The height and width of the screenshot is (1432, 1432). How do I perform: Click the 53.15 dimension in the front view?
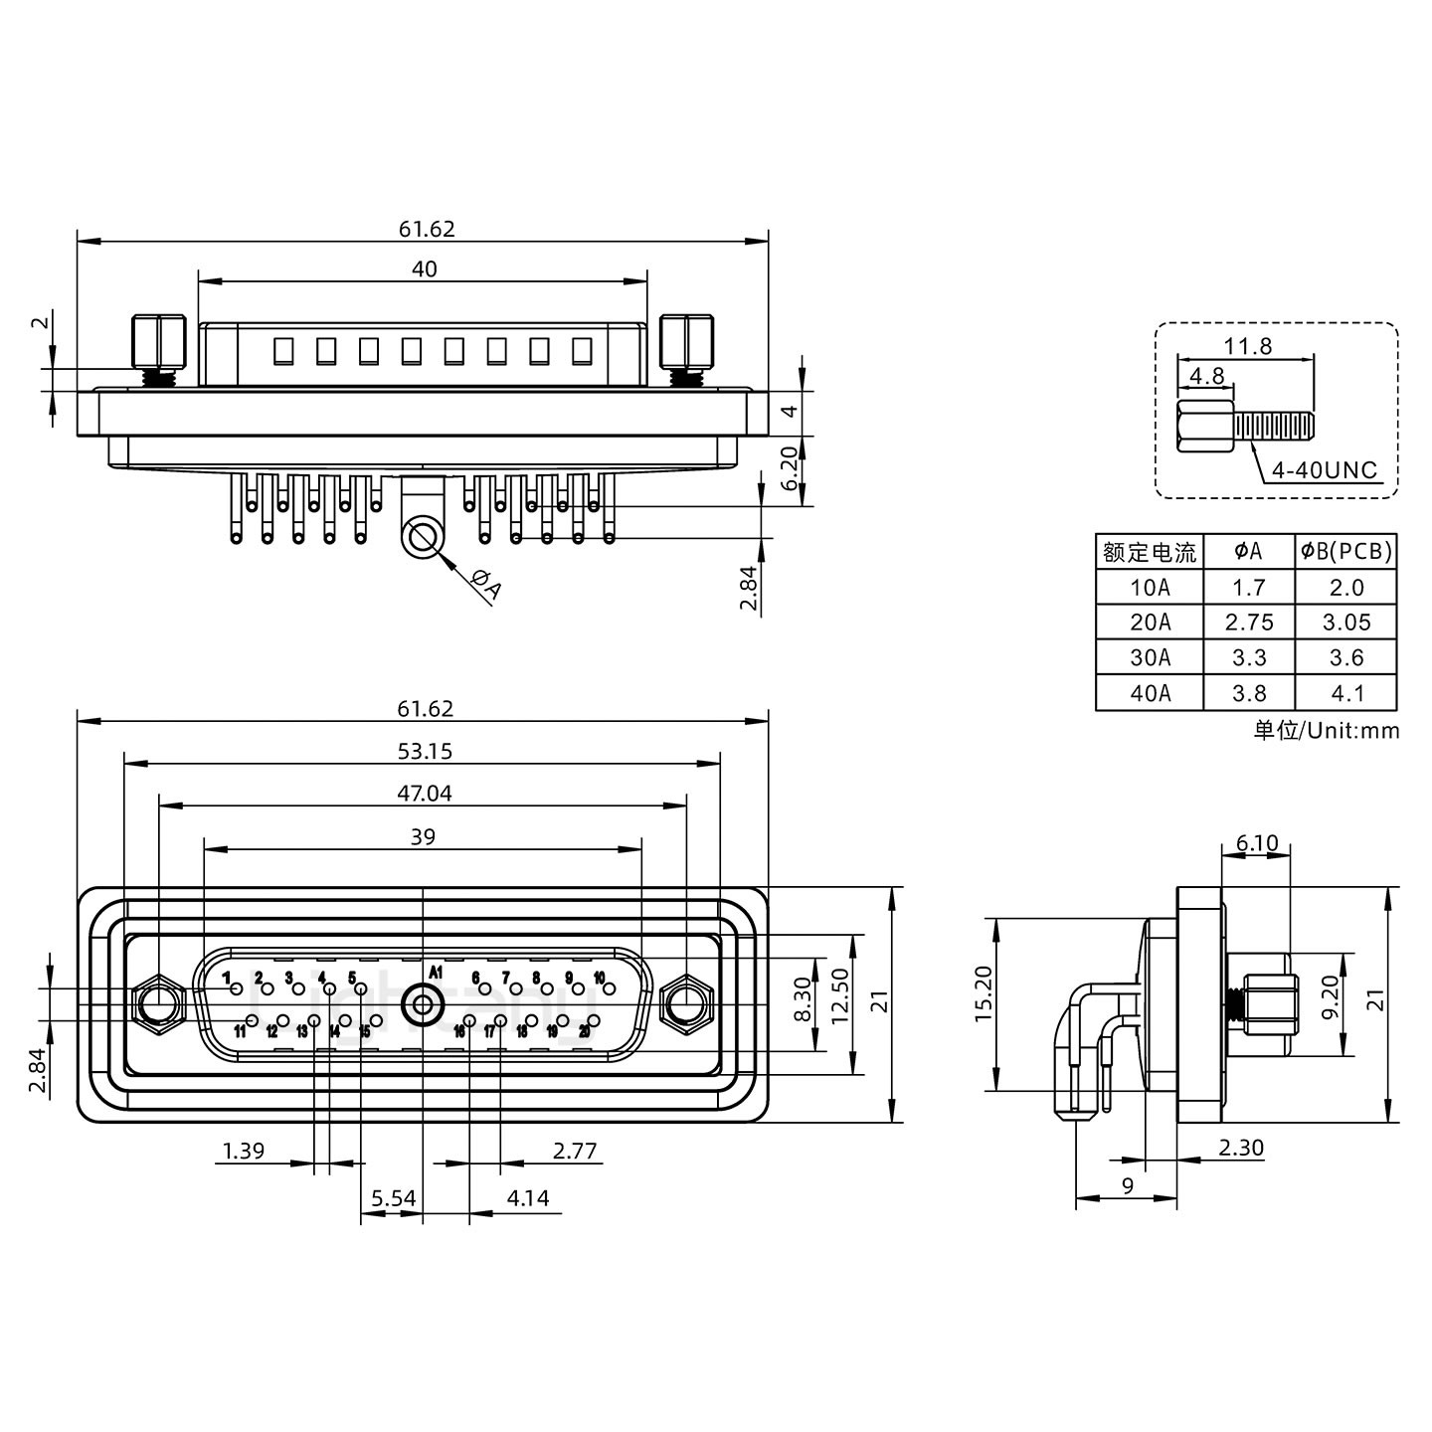(x=425, y=751)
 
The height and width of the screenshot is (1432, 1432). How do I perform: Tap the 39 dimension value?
(x=423, y=836)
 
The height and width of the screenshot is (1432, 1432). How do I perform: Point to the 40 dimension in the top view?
(x=424, y=268)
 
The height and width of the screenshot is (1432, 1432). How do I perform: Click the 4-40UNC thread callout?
(x=1325, y=469)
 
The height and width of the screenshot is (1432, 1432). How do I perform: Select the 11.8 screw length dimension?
(x=1247, y=346)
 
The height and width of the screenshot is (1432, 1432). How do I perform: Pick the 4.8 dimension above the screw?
(x=1206, y=376)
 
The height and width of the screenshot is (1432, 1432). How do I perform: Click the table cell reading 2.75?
(x=1249, y=623)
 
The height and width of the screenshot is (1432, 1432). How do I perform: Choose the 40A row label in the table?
(x=1150, y=693)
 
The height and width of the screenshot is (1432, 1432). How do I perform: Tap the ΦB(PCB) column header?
(x=1346, y=551)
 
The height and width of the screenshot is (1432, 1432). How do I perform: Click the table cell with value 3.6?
(x=1346, y=657)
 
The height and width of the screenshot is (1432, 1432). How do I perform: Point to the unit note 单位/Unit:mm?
(x=1327, y=731)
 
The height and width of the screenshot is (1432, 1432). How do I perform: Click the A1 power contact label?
(x=436, y=972)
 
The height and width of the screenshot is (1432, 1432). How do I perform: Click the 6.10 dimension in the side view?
(x=1257, y=844)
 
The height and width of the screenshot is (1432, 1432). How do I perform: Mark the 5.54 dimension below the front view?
(x=394, y=1198)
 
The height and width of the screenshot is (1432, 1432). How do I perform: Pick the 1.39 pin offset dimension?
(x=243, y=1152)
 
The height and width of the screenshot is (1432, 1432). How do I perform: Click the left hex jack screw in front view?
(x=158, y=1005)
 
